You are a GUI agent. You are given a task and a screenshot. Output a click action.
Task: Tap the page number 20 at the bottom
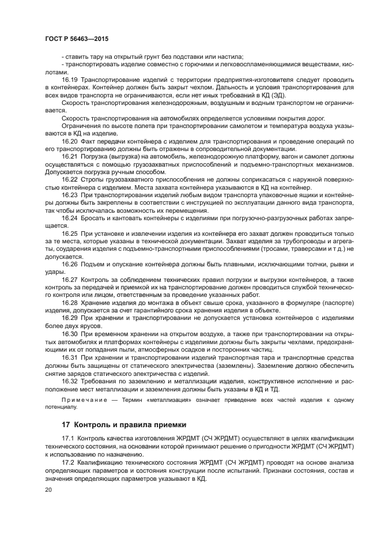click(x=48, y=489)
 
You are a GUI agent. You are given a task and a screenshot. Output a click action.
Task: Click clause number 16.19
click(x=70, y=80)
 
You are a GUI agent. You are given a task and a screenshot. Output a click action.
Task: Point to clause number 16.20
click(x=70, y=141)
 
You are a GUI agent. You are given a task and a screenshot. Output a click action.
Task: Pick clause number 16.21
click(x=70, y=157)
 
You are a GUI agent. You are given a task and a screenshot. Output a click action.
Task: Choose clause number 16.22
click(x=70, y=180)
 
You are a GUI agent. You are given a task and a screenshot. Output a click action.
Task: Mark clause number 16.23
click(x=70, y=195)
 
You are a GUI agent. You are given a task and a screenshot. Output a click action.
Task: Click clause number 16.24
click(x=70, y=218)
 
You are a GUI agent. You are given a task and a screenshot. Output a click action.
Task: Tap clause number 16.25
click(x=70, y=233)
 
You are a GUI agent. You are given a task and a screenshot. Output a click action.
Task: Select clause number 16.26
click(x=70, y=264)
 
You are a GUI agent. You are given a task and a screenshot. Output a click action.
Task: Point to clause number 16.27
click(x=70, y=280)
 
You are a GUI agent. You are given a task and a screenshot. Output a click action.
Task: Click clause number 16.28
click(x=70, y=303)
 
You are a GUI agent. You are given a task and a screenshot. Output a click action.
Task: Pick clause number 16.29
click(x=70, y=318)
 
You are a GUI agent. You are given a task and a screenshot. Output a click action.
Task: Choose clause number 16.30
click(x=70, y=334)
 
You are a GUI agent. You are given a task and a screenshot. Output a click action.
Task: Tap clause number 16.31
click(x=70, y=357)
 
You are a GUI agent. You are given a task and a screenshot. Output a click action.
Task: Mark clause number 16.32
click(x=70, y=380)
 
